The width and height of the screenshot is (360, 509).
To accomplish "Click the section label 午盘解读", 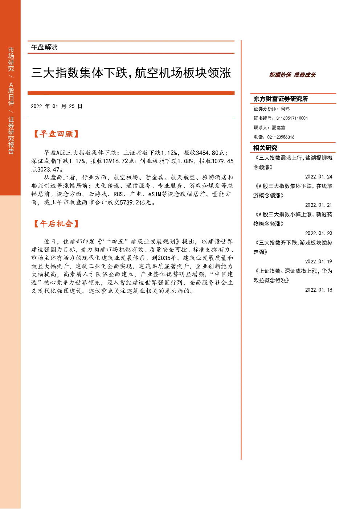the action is (x=44, y=47).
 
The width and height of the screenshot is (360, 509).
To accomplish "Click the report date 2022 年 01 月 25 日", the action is (x=57, y=106).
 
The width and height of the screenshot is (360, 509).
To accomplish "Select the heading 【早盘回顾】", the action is (x=56, y=134).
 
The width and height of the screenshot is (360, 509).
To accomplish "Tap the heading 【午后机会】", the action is (x=56, y=223).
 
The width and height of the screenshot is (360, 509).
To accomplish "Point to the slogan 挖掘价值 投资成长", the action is (x=292, y=75).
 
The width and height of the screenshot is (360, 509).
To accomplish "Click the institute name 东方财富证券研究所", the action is (x=281, y=99).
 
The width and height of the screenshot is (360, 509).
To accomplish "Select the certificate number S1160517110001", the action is (x=292, y=118).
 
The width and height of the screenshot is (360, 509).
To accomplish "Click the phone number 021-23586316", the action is (x=281, y=137).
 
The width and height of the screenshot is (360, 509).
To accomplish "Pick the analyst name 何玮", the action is (x=285, y=108).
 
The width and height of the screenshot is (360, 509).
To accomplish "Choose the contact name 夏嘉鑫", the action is (x=278, y=127).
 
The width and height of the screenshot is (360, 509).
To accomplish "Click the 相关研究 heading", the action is (x=265, y=148).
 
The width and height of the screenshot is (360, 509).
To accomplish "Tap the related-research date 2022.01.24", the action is (x=319, y=177).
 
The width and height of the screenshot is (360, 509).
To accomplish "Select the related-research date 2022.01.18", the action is (x=319, y=290).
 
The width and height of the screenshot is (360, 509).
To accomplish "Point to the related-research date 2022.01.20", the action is (x=319, y=233).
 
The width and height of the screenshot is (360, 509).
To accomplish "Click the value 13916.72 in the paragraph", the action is (x=115, y=161).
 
